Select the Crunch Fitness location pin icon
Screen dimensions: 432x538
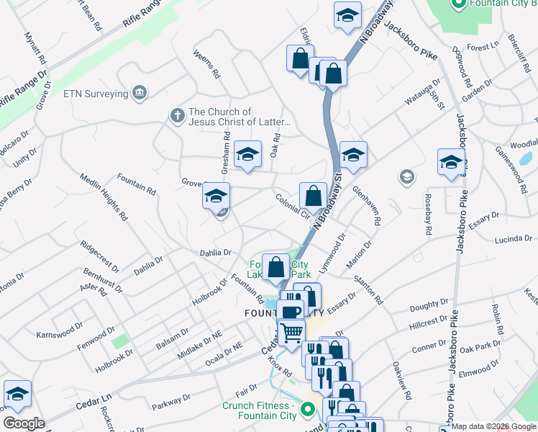pyautogui.click(x=309, y=410)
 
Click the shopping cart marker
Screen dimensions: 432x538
pyautogui.click(x=291, y=332)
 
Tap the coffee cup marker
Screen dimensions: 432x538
pyautogui.click(x=290, y=312)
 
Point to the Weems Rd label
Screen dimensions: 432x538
pyautogui.click(x=205, y=64)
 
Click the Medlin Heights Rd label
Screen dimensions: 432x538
pyautogui.click(x=104, y=197)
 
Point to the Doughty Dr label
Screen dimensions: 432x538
pyautogui.click(x=429, y=307)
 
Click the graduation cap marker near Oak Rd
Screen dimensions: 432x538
pyautogui.click(x=247, y=154)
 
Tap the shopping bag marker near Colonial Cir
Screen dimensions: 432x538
pyautogui.click(x=313, y=195)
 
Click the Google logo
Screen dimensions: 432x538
pyautogui.click(x=24, y=423)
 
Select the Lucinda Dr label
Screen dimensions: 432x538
pyautogui.click(x=513, y=238)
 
